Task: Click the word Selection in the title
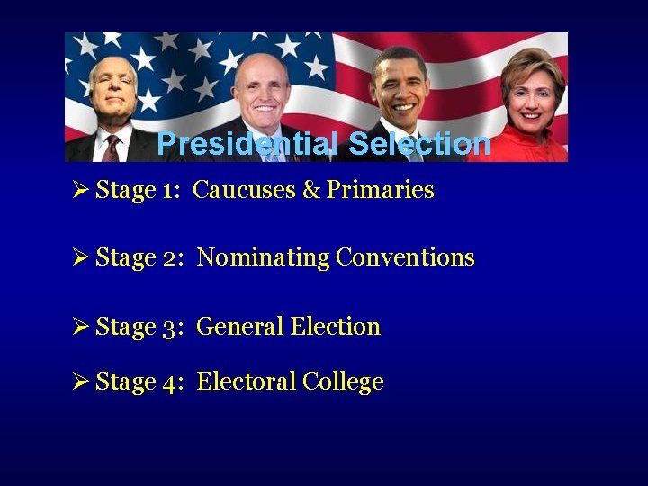[419, 144]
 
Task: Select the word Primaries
[380, 190]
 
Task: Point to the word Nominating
[264, 257]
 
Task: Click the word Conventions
[405, 257]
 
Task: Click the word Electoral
[246, 382]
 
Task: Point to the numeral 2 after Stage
[172, 258]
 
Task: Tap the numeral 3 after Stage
[172, 328]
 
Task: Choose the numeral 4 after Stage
[172, 382]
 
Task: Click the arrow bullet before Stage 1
[78, 190]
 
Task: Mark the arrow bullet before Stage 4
[78, 382]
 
